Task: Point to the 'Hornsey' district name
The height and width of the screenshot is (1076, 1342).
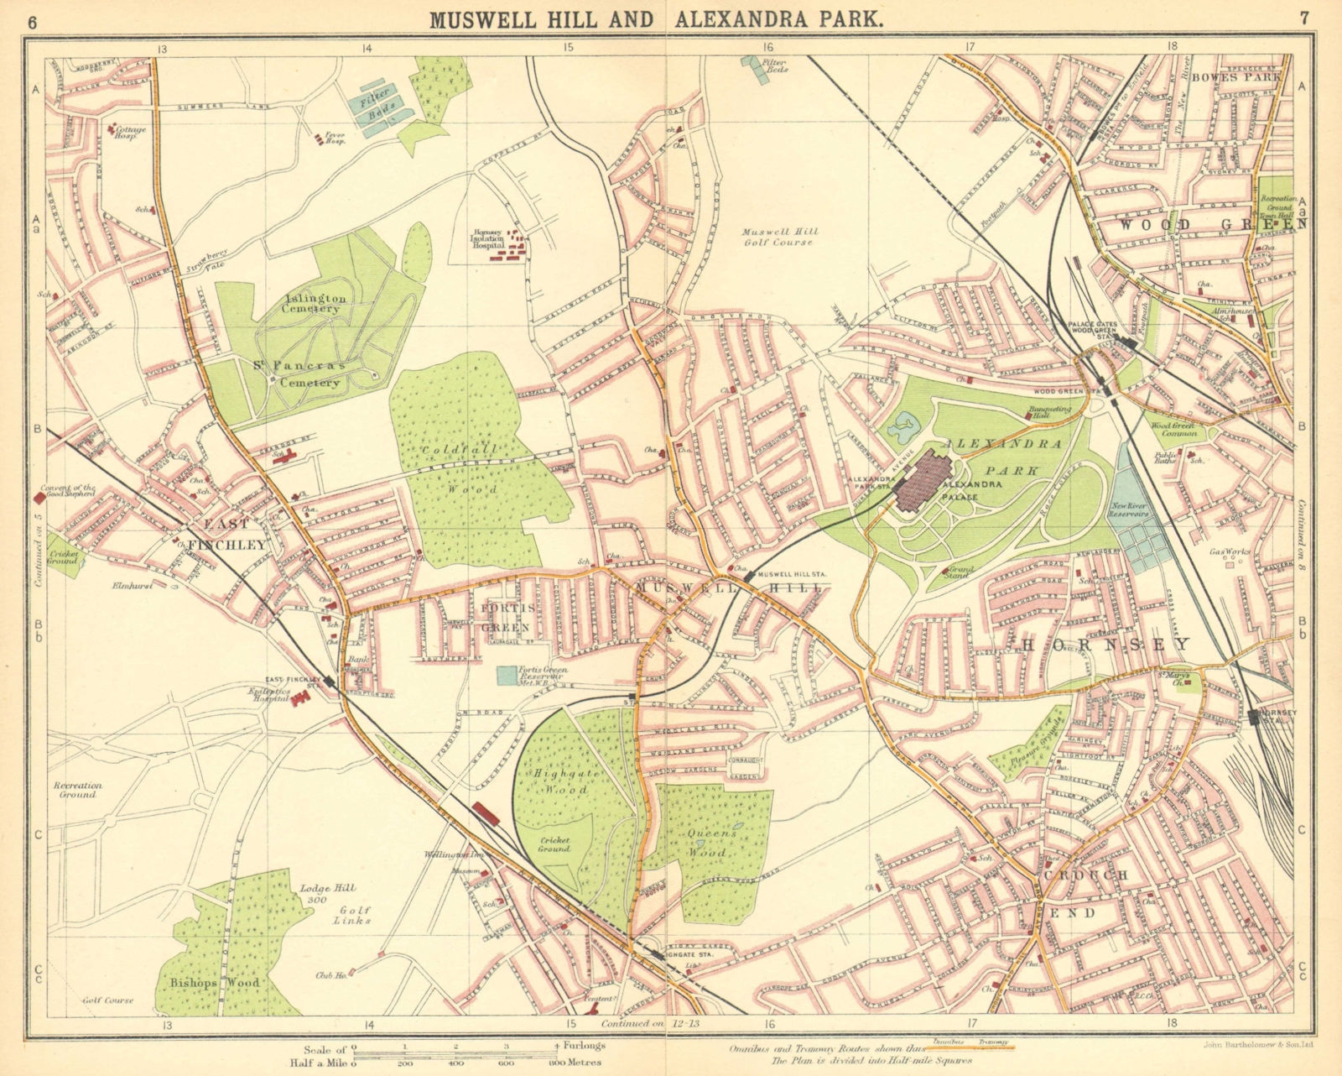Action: (1105, 645)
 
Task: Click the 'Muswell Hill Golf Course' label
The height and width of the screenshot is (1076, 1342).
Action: (778, 237)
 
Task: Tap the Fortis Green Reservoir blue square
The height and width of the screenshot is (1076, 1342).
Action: (507, 675)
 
